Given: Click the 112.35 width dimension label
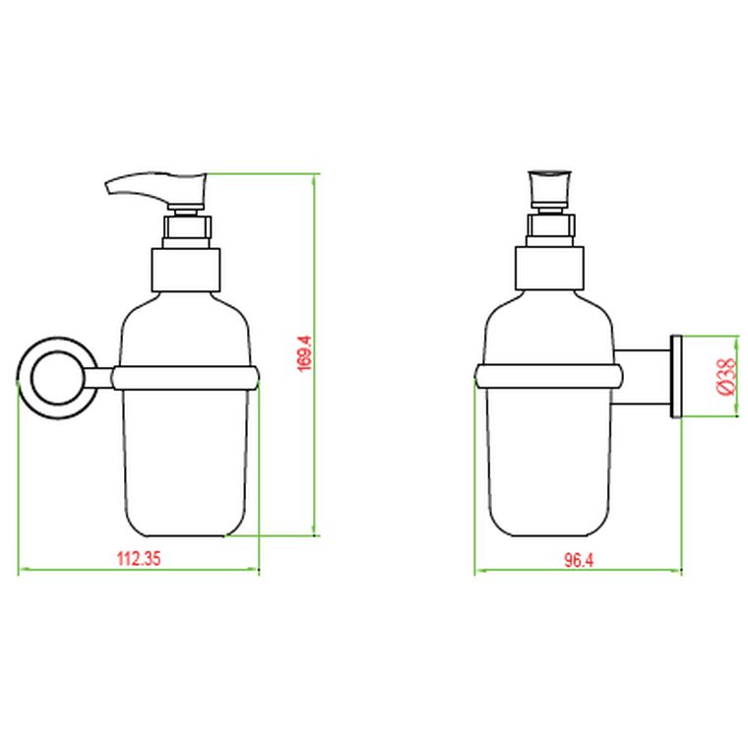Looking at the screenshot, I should click(x=138, y=558).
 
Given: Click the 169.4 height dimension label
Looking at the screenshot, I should click(x=304, y=353).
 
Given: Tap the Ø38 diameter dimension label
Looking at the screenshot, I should click(x=725, y=377).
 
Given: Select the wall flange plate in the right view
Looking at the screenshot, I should click(x=676, y=377).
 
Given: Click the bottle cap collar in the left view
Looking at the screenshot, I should click(x=184, y=269).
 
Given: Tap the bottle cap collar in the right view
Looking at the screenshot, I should click(x=550, y=269).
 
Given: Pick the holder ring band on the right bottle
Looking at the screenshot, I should click(x=549, y=375).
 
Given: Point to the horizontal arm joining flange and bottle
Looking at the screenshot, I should click(x=642, y=377).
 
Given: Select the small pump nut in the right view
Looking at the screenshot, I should click(x=550, y=228).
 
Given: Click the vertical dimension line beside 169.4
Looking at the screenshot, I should click(x=314, y=443).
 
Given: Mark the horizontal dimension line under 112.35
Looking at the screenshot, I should click(x=138, y=570).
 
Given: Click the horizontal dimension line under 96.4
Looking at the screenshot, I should click(x=578, y=571).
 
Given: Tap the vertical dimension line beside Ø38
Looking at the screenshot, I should click(x=735, y=377).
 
